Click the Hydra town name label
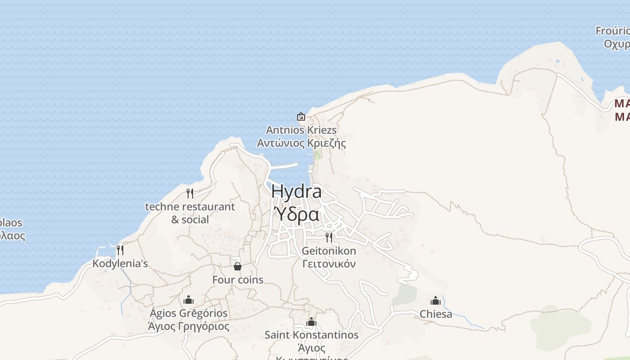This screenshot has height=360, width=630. pyautogui.click(x=297, y=192)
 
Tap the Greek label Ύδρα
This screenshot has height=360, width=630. pyautogui.click(x=297, y=215)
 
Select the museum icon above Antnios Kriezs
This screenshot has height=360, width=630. pyautogui.click(x=301, y=117)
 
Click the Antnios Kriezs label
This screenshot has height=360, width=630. pyautogui.click(x=301, y=130)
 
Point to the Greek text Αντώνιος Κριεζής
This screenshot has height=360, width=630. pyautogui.click(x=301, y=143)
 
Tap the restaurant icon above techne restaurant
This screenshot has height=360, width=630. pyautogui.click(x=190, y=193)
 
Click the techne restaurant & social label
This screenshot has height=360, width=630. pyautogui.click(x=190, y=213)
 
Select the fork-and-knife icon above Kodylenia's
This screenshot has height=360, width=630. pyautogui.click(x=120, y=250)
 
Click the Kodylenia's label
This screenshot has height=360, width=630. pyautogui.click(x=120, y=263)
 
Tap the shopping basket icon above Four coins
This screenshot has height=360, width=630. pyautogui.click(x=238, y=266)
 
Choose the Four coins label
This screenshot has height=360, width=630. pyautogui.click(x=238, y=279)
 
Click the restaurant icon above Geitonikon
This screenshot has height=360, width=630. pyautogui.click(x=329, y=237)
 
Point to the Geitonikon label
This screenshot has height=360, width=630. pyautogui.click(x=329, y=251)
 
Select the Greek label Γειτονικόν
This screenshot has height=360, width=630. pyautogui.click(x=329, y=264)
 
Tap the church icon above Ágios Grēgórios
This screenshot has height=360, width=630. pyautogui.click(x=189, y=300)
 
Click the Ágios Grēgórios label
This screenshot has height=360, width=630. pyautogui.click(x=189, y=313)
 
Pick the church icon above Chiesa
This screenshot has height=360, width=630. pyautogui.click(x=436, y=301)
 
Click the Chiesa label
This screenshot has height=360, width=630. pyautogui.click(x=436, y=314)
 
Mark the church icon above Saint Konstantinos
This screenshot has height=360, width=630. pyautogui.click(x=311, y=322)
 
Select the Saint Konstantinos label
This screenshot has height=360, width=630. pyautogui.click(x=311, y=335)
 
